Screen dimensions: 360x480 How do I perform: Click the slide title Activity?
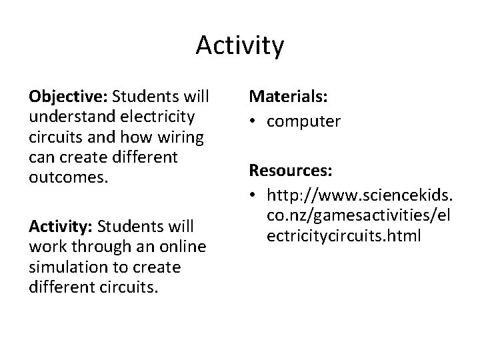coord(240,46)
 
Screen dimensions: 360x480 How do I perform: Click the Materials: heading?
coord(288,98)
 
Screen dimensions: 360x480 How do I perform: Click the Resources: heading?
coord(291,171)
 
